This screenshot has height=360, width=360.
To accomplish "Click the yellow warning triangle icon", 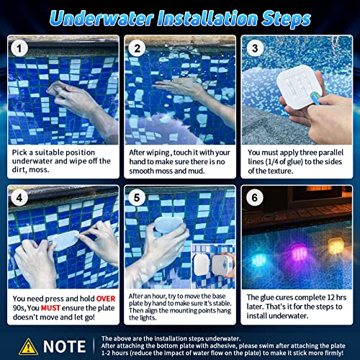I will click(29, 344).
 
